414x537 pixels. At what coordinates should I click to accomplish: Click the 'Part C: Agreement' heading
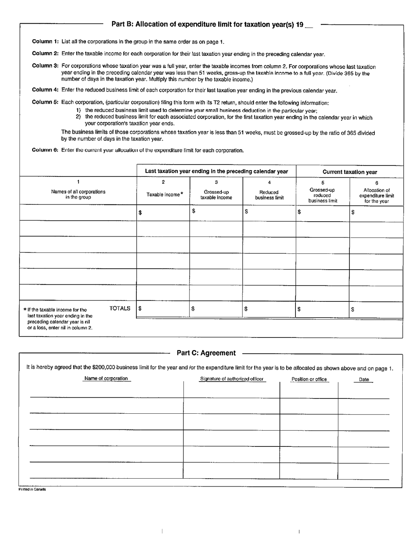point(206,353)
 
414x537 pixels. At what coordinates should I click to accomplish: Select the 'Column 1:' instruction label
point(45,42)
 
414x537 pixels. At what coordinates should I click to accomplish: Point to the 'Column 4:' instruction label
point(45,90)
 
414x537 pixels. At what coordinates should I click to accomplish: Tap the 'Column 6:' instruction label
point(45,150)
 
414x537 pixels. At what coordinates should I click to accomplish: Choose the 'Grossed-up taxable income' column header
point(216,195)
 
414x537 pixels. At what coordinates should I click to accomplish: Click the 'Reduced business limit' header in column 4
point(269,195)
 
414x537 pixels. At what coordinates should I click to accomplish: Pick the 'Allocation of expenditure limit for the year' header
point(377,195)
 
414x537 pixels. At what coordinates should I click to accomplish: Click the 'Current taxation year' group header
point(350,172)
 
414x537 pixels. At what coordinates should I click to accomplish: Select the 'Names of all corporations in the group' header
point(78,194)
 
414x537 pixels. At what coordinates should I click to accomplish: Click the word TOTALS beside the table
point(120,308)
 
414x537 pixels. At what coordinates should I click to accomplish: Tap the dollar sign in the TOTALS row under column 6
point(353,309)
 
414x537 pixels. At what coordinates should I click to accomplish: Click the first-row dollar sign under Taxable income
point(140,213)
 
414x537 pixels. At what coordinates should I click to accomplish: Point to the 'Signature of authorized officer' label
point(232,379)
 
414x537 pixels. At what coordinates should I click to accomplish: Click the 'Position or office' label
point(309,379)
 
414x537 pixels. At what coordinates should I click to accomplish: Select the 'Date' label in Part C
point(363,380)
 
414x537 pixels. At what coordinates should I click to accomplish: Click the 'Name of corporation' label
point(106,378)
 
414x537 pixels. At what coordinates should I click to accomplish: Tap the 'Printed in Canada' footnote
point(32,489)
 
